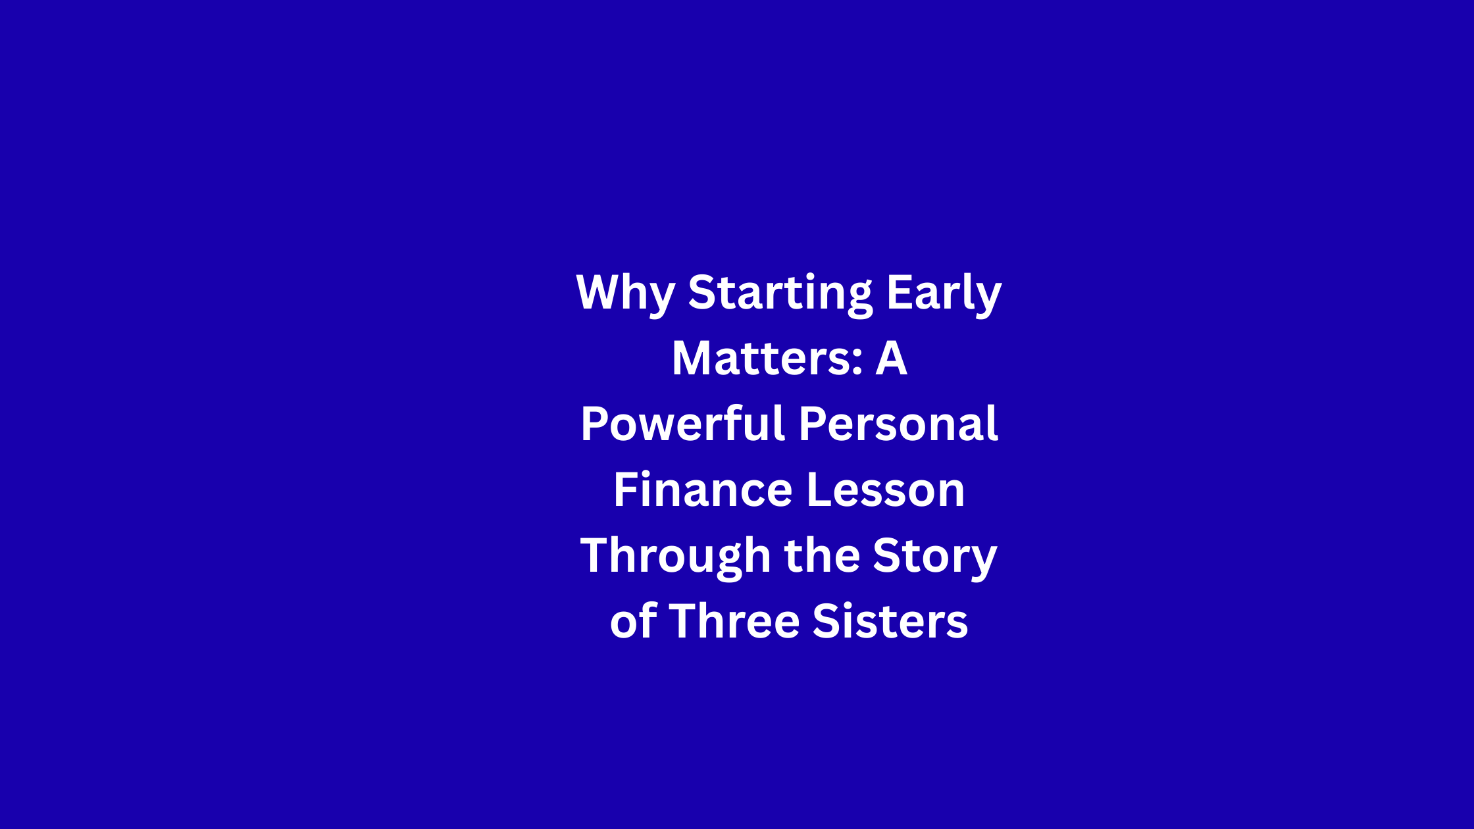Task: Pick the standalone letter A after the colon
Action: pyautogui.click(x=891, y=358)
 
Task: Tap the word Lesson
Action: pyautogui.click(x=885, y=490)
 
